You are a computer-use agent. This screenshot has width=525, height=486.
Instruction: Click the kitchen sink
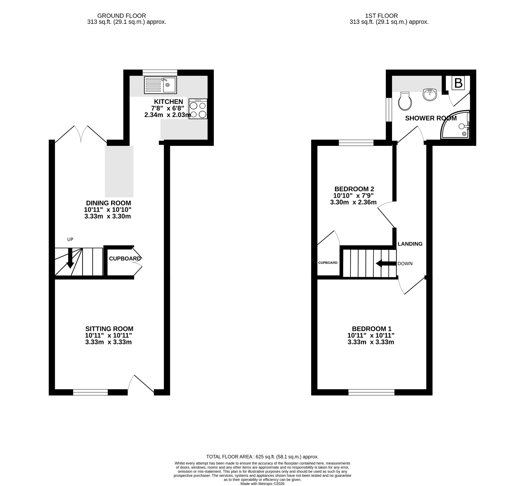(x=160, y=85)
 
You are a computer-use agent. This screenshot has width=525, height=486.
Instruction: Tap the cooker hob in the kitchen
(x=198, y=109)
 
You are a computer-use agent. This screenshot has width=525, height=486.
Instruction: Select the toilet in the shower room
(x=405, y=101)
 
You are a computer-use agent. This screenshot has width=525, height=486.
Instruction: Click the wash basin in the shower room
(x=430, y=94)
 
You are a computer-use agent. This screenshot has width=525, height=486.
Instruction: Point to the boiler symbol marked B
(x=458, y=83)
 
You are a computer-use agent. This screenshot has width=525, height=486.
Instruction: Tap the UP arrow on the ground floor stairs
(x=70, y=258)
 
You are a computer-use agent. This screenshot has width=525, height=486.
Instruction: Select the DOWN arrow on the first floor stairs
(x=386, y=263)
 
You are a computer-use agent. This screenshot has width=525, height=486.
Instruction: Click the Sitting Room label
(x=109, y=329)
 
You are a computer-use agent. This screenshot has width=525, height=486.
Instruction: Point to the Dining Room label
(x=108, y=203)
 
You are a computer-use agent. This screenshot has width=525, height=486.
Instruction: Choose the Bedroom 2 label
(x=354, y=189)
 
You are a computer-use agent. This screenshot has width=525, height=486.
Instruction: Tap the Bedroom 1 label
(x=371, y=329)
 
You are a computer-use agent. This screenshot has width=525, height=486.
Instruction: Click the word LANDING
(x=410, y=244)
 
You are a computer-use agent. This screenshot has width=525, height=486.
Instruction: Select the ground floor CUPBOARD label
(x=125, y=258)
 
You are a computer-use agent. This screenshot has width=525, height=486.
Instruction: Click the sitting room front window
(x=90, y=392)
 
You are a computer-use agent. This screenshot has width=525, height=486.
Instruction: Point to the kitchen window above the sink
(x=160, y=72)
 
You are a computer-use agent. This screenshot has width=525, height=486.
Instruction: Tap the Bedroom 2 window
(x=356, y=143)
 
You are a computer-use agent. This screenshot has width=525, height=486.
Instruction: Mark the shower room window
(x=389, y=110)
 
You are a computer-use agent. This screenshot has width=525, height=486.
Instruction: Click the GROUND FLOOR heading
(x=122, y=16)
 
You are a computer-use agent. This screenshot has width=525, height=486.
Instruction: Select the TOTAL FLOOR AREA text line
(x=262, y=457)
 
